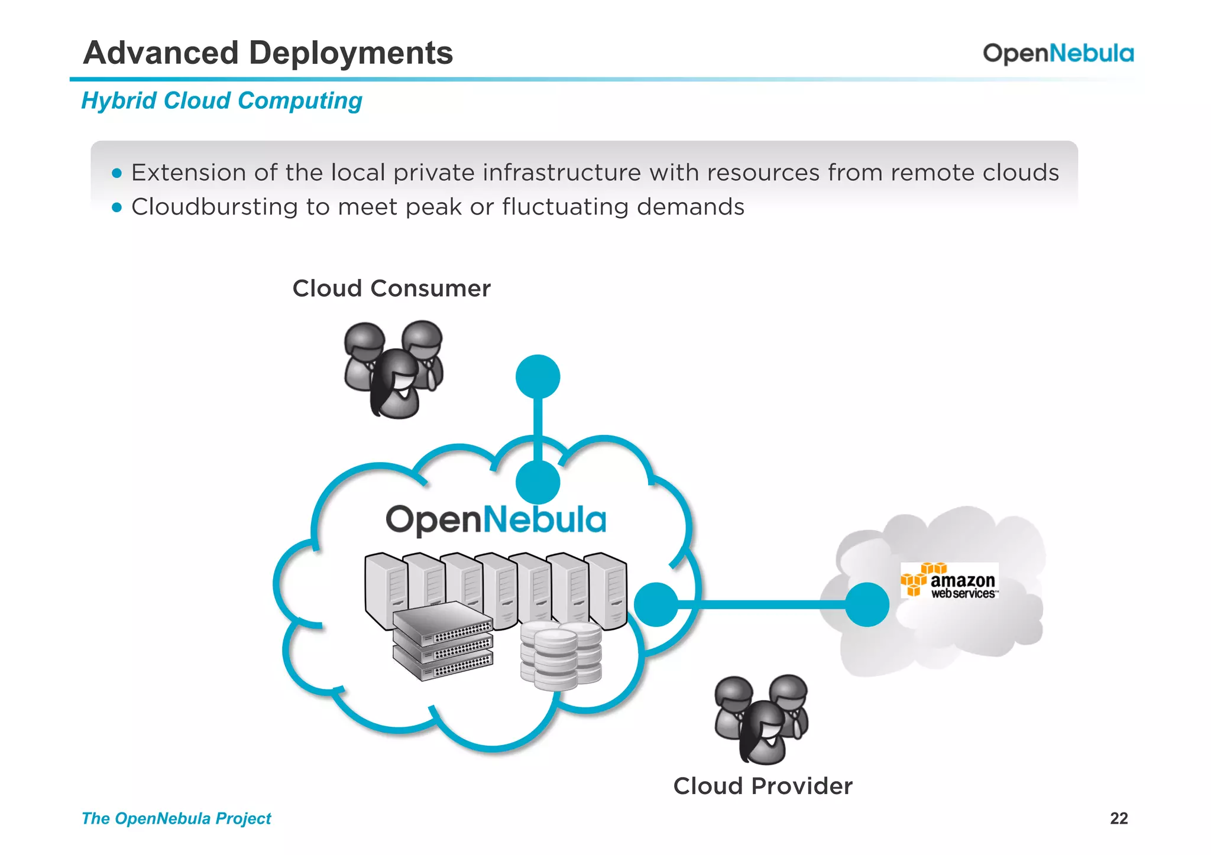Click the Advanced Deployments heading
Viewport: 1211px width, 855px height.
click(268, 53)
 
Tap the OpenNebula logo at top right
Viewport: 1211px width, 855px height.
click(1058, 54)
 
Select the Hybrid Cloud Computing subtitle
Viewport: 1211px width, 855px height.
click(222, 101)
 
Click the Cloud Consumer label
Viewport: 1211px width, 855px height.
click(391, 289)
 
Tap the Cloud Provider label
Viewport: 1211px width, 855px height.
click(763, 786)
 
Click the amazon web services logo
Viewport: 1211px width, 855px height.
click(949, 581)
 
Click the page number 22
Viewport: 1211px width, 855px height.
click(1119, 818)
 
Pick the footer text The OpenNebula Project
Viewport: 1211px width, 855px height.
click(176, 818)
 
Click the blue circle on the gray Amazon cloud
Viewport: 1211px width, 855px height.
click(867, 604)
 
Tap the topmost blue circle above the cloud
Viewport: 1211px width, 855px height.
click(537, 376)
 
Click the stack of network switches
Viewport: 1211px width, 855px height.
click(442, 641)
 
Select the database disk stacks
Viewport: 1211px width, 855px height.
click(560, 655)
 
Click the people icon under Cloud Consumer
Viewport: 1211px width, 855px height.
click(394, 369)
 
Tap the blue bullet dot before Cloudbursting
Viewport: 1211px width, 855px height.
click(116, 207)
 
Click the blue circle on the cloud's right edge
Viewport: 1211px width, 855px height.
click(656, 604)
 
